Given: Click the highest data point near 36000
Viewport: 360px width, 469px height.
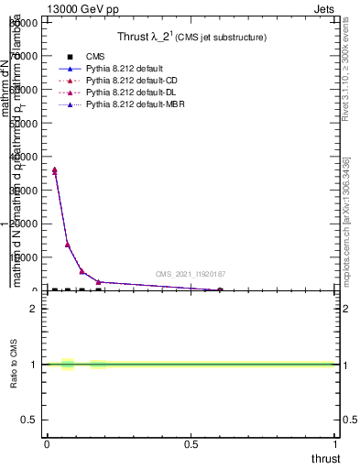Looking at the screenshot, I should pos(55,170).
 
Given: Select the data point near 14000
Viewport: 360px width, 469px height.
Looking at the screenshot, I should pos(68,245).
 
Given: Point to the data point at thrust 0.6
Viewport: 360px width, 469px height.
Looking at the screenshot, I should pos(220,290).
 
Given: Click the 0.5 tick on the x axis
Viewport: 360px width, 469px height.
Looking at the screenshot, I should pos(191,444).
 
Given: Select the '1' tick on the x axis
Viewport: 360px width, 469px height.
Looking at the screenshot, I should pos(336,444).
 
